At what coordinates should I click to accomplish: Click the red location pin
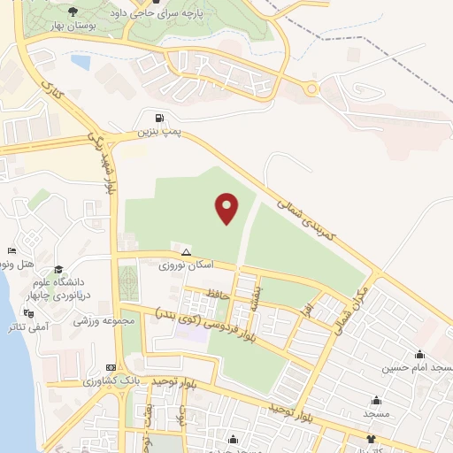coord(227,207)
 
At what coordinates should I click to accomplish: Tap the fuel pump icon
coord(158,118)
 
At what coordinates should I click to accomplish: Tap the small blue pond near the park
coord(81,63)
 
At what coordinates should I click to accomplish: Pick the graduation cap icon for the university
coord(58,269)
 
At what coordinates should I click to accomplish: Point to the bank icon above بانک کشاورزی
coord(111,367)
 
